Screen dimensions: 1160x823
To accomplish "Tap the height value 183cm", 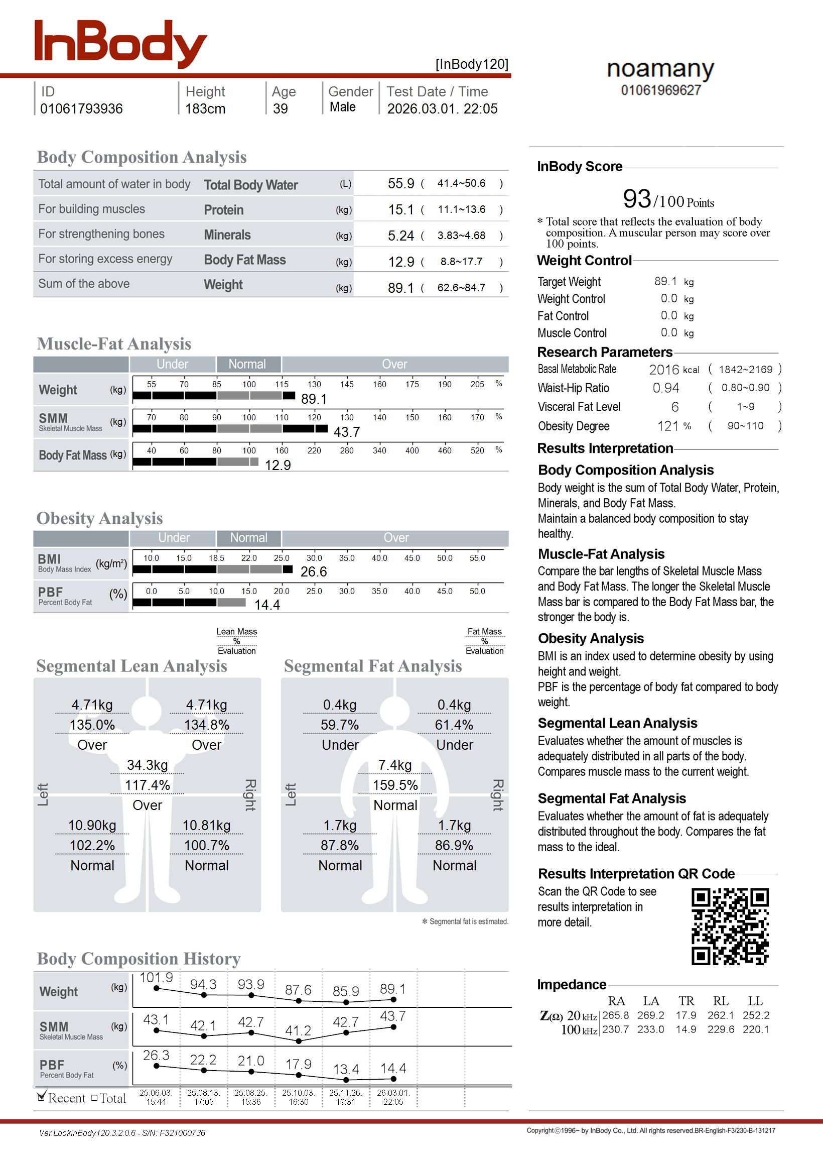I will pyautogui.click(x=205, y=108).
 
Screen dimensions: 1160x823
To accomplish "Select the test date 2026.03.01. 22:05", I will pyautogui.click(x=442, y=108).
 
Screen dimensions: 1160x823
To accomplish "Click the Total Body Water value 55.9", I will pyautogui.click(x=401, y=183).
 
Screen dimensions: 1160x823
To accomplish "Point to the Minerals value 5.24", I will pyautogui.click(x=401, y=236).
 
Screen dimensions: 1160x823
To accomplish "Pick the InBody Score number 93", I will pyautogui.click(x=637, y=199).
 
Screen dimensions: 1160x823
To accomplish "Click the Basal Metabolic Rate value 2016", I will pyautogui.click(x=664, y=370).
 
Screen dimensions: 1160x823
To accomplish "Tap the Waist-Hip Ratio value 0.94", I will pyautogui.click(x=666, y=388).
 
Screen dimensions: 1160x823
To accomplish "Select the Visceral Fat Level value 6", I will pyautogui.click(x=674, y=407).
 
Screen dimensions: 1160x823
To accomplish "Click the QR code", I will pyautogui.click(x=730, y=926).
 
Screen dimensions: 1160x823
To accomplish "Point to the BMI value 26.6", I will pyautogui.click(x=313, y=572).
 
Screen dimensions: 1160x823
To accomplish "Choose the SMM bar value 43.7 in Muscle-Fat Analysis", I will pyautogui.click(x=347, y=432).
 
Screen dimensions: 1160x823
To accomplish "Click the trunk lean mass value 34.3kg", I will pyautogui.click(x=148, y=765).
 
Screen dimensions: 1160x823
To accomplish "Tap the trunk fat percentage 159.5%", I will pyautogui.click(x=395, y=785).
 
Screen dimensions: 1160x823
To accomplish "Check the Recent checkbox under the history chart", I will pyautogui.click(x=42, y=1098).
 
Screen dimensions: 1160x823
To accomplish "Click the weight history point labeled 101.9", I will pyautogui.click(x=157, y=988).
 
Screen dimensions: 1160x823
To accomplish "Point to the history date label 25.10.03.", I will pyautogui.click(x=299, y=1093).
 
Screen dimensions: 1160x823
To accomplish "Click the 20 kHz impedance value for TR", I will pyautogui.click(x=685, y=1015).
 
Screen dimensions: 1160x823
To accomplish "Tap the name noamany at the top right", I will pyautogui.click(x=660, y=69).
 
